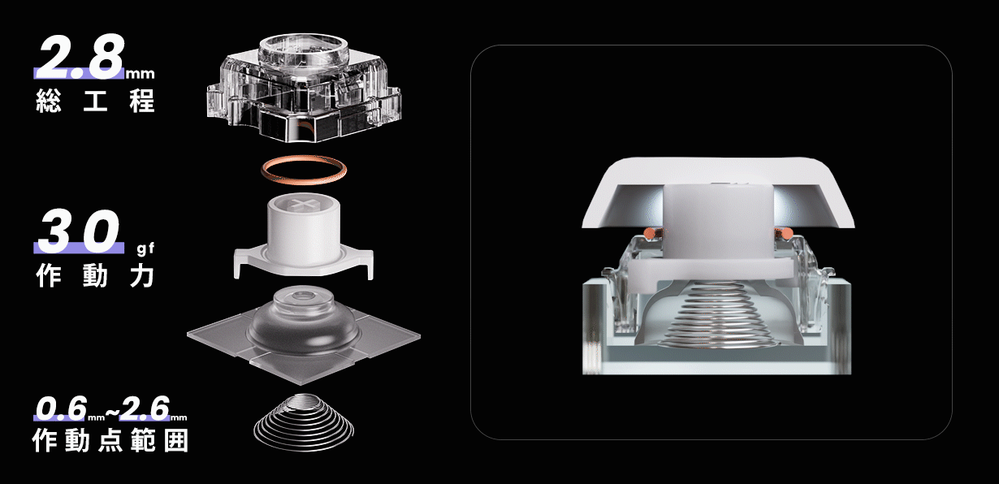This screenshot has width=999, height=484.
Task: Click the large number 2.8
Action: [x=81, y=56]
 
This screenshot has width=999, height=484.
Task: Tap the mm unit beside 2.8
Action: [x=140, y=74]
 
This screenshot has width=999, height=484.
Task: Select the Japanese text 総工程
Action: [x=95, y=101]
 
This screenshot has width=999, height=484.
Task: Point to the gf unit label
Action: [x=145, y=248]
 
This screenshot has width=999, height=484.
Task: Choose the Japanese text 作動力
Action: [x=95, y=275]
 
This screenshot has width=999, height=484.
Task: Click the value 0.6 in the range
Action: [x=60, y=408]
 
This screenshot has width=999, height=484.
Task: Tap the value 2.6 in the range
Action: [x=145, y=408]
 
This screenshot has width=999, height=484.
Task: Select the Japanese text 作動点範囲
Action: [x=110, y=440]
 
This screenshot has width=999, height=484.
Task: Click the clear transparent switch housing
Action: [x=304, y=89]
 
